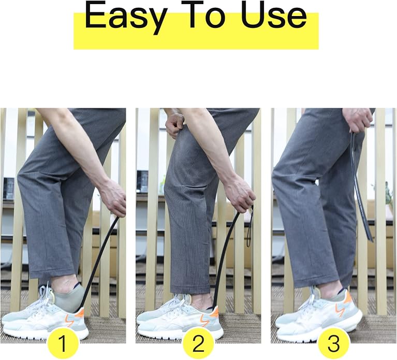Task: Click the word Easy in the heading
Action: pos(126,17)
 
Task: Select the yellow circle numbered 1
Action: pos(63,343)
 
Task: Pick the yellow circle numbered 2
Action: pos(198,343)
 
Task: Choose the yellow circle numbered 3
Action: pos(333,343)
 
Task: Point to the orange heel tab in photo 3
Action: pos(348,297)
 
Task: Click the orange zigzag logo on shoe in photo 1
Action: pos(70,320)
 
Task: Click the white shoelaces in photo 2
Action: pos(180,303)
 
